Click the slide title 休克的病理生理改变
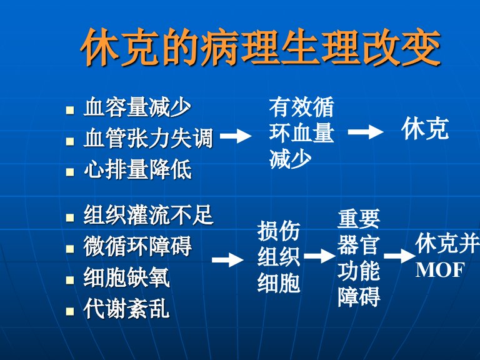260,47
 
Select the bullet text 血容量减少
137,107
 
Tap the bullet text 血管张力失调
148,138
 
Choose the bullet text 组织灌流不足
148,215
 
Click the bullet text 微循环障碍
137,246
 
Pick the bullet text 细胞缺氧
126,277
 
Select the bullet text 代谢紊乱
126,309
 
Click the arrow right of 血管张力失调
236,136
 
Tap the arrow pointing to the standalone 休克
366,132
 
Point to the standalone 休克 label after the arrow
425,129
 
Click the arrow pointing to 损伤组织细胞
227,260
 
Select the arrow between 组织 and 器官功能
319,256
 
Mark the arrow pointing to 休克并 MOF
399,256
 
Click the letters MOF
440,270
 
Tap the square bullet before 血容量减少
70,110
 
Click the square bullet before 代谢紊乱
70,311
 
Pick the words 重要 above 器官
359,219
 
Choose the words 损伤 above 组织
279,231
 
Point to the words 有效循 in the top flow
301,107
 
